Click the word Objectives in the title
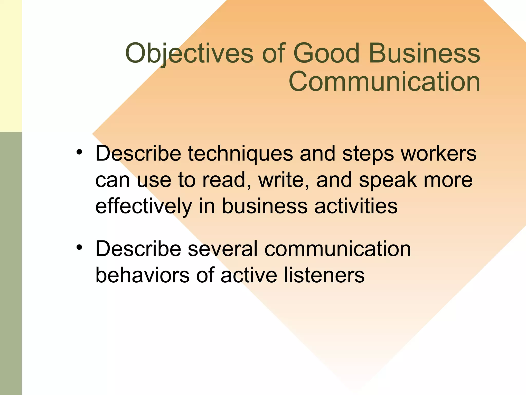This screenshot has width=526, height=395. [189, 53]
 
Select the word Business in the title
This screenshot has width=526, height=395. [424, 53]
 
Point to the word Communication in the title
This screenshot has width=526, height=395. [384, 82]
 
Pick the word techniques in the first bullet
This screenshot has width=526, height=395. [240, 154]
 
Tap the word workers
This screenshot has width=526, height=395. [438, 154]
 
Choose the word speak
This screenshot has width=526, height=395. [388, 181]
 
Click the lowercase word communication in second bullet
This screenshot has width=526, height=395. [337, 249]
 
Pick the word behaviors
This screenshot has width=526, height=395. [142, 275]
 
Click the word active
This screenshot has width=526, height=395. [249, 275]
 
